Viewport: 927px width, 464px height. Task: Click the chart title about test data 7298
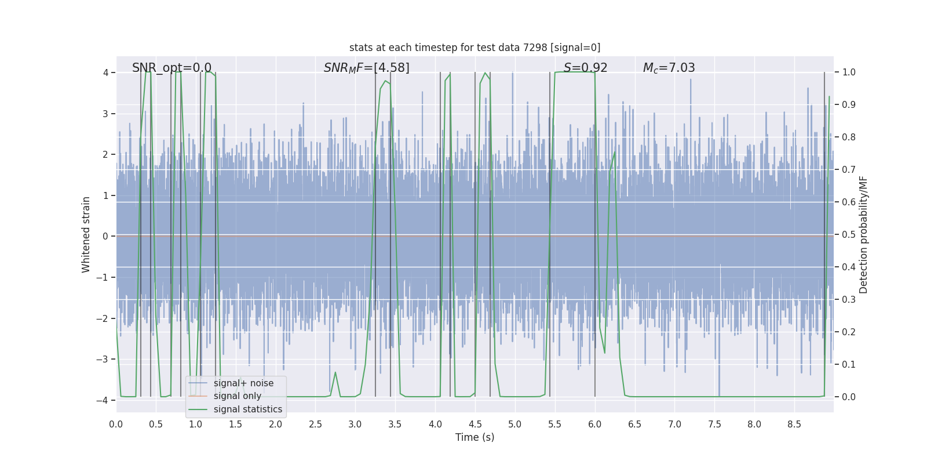point(475,48)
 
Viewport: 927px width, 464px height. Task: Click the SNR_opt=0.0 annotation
point(171,68)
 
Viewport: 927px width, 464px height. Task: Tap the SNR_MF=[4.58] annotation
point(366,68)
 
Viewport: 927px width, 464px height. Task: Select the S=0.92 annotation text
point(585,68)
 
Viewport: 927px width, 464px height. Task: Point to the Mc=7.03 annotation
point(669,68)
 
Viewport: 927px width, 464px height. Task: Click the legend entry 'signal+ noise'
point(243,383)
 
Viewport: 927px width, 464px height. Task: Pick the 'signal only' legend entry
point(237,396)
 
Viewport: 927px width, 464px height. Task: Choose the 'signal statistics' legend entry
point(247,409)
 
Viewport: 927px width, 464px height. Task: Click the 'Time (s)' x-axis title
point(475,437)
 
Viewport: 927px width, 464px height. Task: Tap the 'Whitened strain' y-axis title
point(86,234)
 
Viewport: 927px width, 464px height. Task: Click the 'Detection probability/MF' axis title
point(863,234)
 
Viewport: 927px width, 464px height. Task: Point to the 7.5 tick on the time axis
point(714,425)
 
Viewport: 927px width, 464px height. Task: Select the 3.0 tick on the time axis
point(355,425)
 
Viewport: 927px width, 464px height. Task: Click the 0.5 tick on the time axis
point(156,425)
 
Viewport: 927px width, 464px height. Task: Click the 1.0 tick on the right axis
point(849,72)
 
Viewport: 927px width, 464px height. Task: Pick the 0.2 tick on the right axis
point(849,332)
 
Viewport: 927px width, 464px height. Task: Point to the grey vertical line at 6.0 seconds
point(595,232)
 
